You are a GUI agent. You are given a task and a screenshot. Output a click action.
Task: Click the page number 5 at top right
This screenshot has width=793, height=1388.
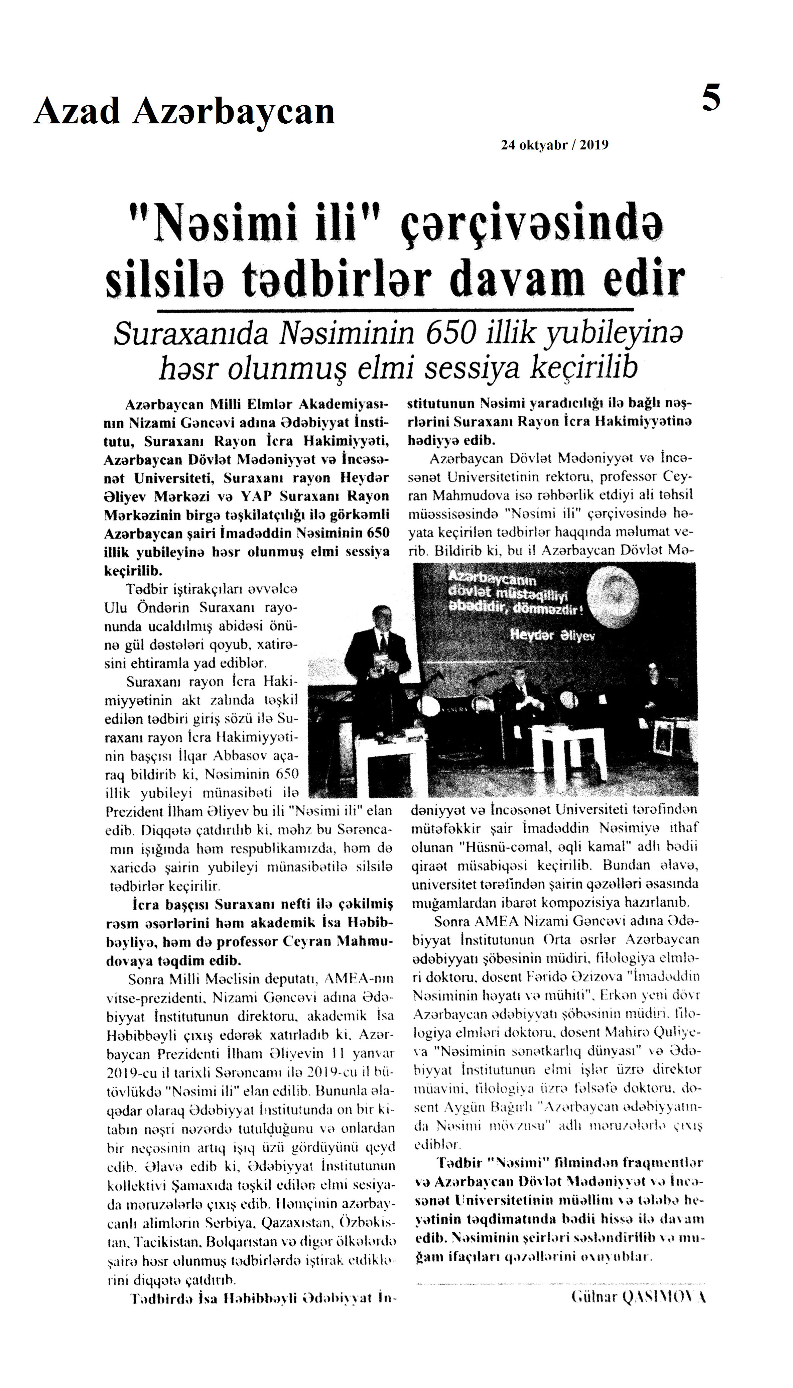click(x=711, y=99)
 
